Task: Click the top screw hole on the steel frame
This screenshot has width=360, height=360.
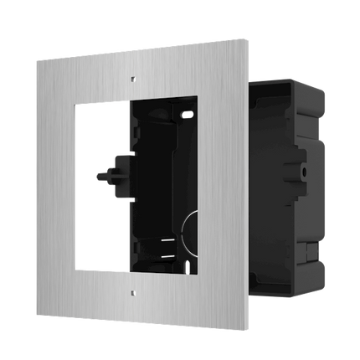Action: tap(131, 80)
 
